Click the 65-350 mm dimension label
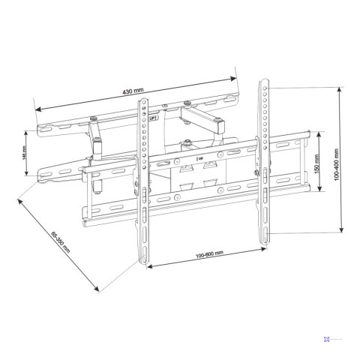[x=61, y=242]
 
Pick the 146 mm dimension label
[x=25, y=152]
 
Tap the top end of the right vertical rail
[x=264, y=79]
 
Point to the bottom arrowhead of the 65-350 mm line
[x=99, y=291]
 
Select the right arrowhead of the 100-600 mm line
[x=265, y=244]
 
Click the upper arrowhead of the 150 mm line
[x=320, y=134]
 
